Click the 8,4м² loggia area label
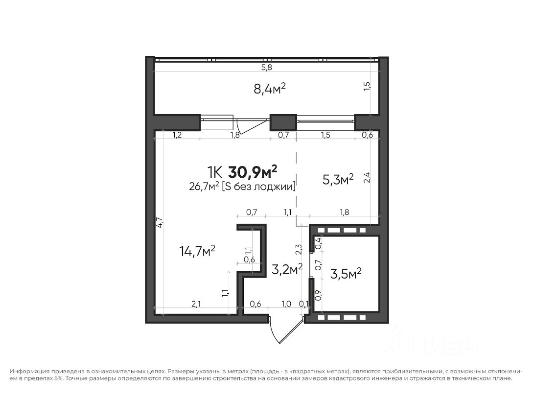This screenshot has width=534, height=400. coord(269,89)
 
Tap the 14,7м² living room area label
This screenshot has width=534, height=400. coord(197,251)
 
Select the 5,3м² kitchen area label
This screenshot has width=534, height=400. coord(338,179)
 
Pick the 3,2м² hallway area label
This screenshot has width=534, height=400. coord(287,269)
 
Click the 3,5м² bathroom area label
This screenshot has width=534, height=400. coord(346,274)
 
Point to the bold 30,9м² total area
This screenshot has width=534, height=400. coord(253,172)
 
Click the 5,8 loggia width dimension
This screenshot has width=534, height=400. coord(267,68)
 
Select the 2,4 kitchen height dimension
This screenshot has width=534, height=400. coord(367,177)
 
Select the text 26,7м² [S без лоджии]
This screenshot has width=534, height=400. coord(242,187)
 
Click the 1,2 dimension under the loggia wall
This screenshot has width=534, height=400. coord(177,135)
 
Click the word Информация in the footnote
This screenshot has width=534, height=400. coord(29,372)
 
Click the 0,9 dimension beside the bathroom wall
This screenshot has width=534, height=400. coord(319,294)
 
